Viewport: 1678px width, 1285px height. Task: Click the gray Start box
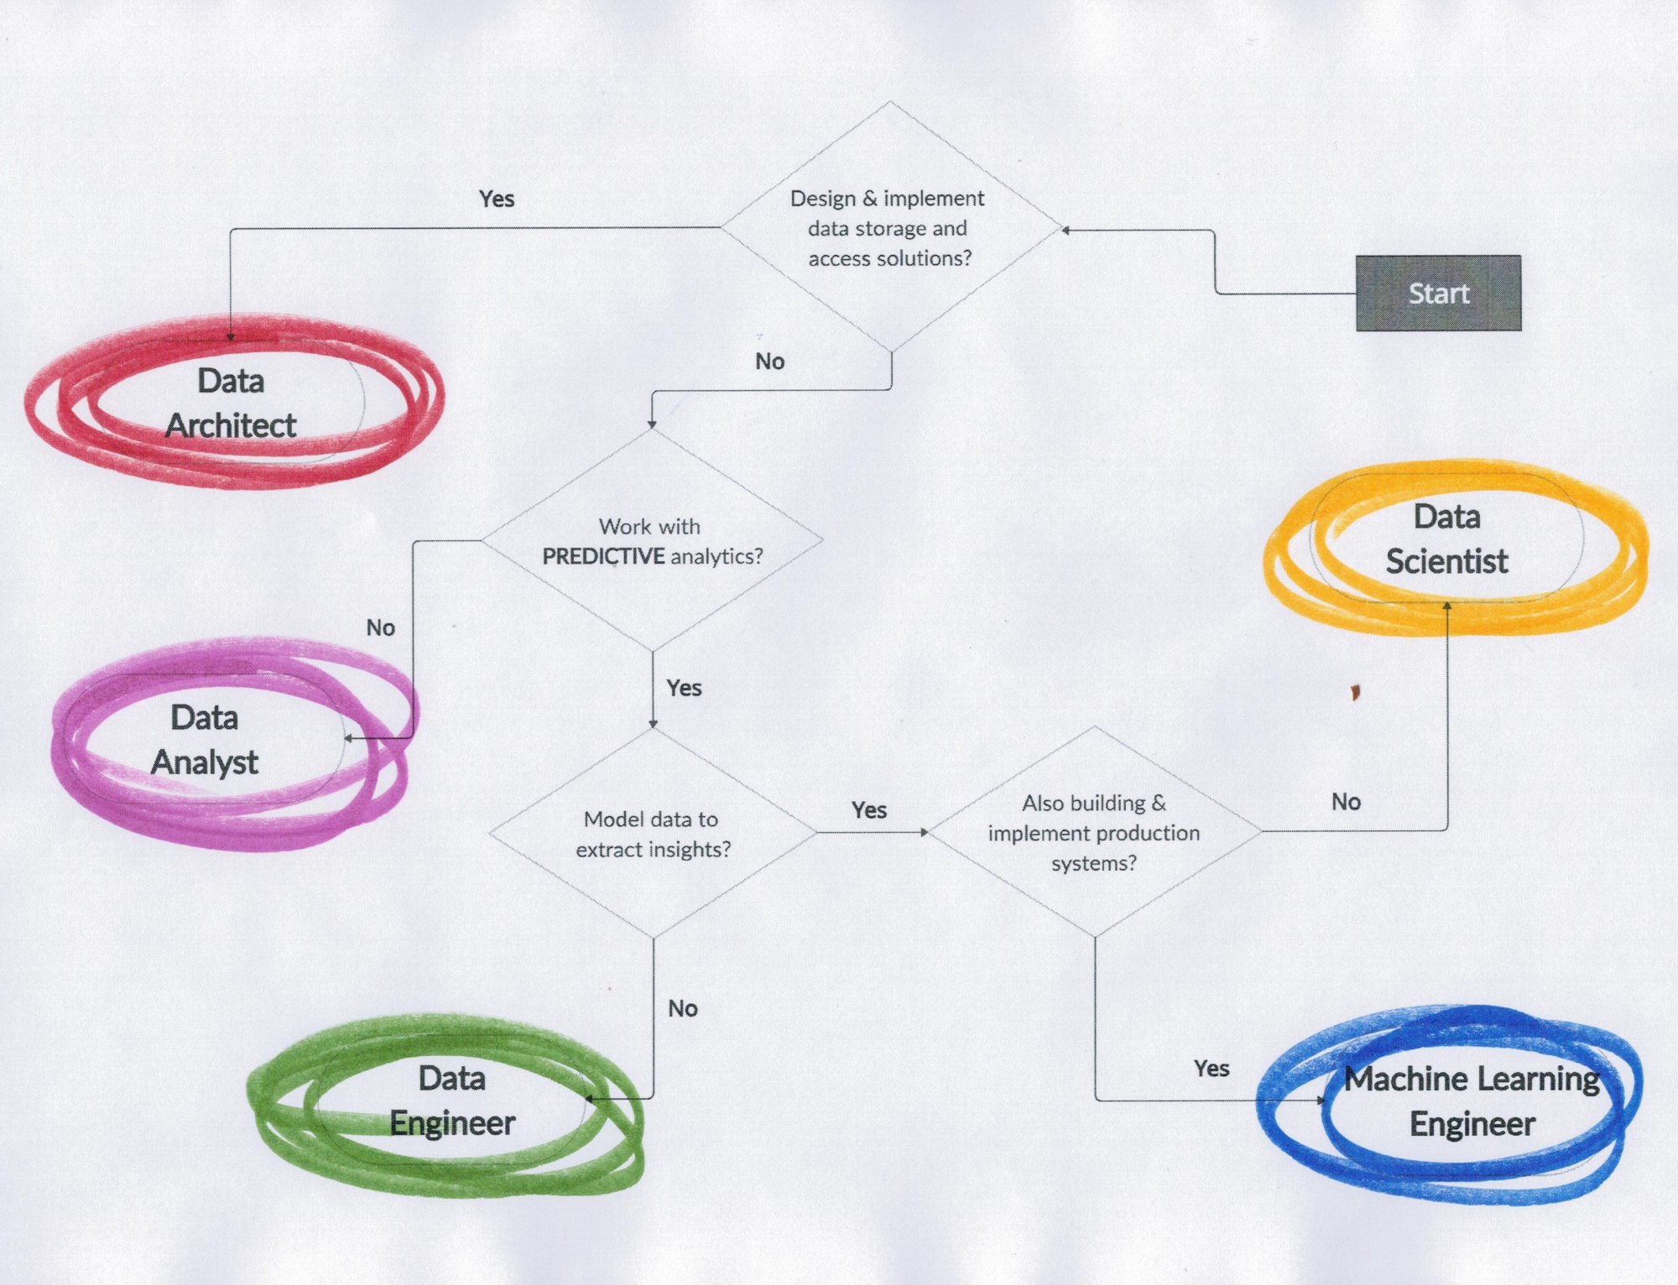1438,293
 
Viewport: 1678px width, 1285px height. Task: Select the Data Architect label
231,403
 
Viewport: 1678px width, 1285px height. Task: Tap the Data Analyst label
205,740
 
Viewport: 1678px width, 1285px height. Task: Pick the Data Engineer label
452,1100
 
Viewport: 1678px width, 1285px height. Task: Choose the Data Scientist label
1446,539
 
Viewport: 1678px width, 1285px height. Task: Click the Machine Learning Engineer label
1472,1101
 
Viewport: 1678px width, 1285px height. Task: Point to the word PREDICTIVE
603,556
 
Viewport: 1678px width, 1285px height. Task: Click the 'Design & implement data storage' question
889,228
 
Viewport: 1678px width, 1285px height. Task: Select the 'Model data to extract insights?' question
652,834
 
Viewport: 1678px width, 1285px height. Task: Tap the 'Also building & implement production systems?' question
1094,833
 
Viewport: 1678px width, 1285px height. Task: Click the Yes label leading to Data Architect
497,199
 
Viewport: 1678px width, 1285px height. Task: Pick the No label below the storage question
769,362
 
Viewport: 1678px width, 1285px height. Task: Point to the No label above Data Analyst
380,627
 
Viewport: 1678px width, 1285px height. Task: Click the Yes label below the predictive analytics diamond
684,688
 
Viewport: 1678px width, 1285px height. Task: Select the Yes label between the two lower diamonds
869,810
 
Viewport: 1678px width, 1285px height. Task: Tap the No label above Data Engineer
683,1008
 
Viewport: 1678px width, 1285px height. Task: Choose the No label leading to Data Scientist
1346,802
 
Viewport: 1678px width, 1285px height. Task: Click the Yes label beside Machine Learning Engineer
1212,1069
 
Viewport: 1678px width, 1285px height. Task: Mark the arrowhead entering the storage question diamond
1066,230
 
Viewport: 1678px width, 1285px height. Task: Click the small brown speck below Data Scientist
1355,693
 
